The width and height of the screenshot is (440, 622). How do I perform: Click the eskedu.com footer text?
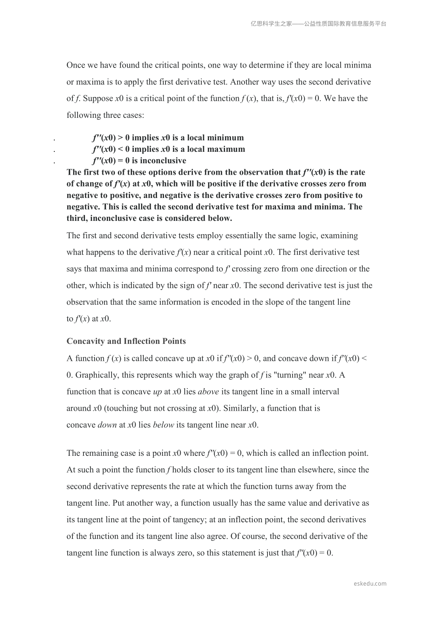370,584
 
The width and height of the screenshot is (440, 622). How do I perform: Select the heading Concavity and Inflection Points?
126,341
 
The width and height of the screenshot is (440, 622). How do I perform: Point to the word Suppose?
98,99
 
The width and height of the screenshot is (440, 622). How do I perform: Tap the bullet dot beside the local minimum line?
54,140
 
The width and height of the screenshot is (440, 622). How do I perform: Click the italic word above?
208,392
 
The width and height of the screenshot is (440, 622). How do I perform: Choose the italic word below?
163,425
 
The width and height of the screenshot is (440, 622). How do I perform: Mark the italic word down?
107,425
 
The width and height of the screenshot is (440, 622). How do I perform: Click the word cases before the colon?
132,115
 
